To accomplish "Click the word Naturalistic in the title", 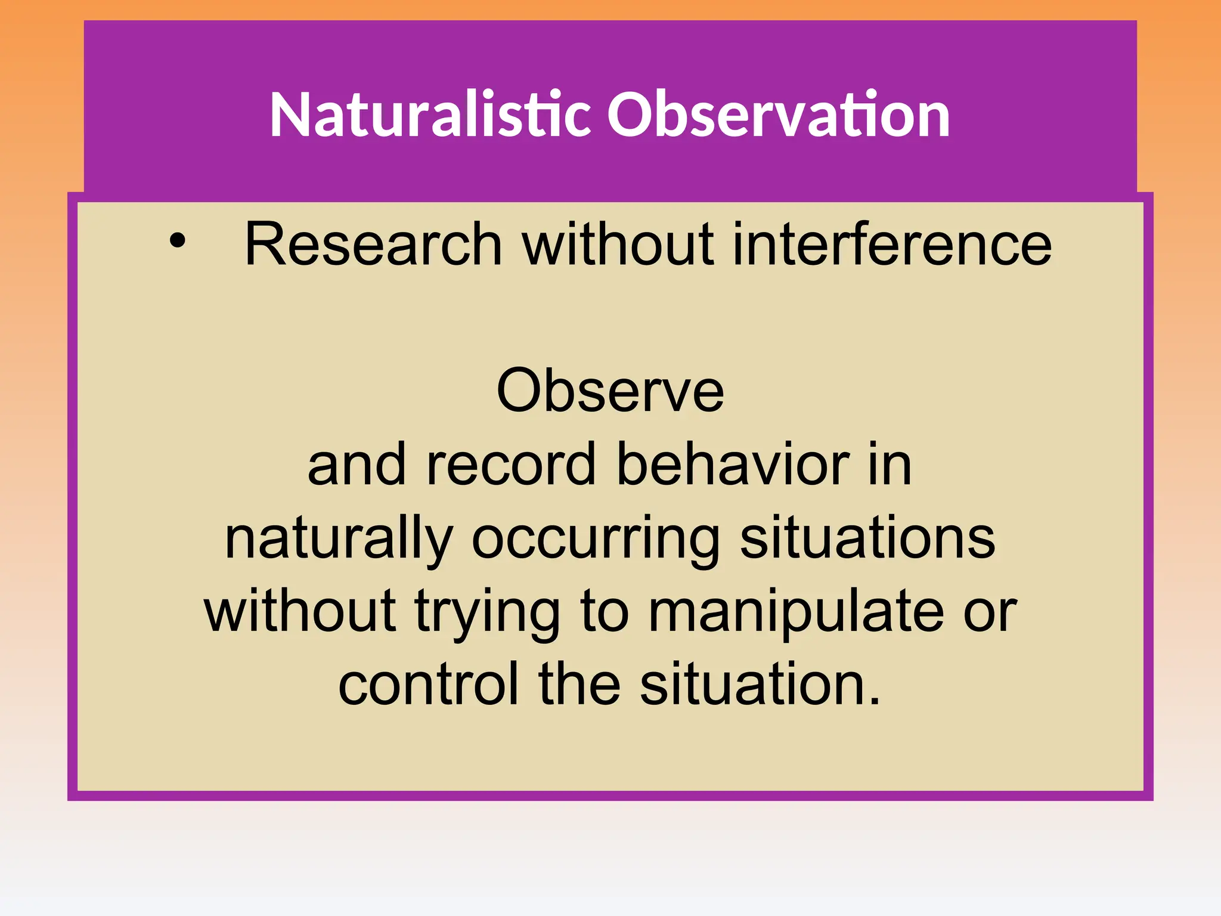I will tap(429, 114).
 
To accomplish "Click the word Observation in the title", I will tap(778, 114).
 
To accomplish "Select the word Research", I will tap(373, 244).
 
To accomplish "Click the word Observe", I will tap(610, 391).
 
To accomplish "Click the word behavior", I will tap(733, 465).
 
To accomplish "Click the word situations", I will tap(867, 537).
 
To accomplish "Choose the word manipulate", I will tap(796, 612).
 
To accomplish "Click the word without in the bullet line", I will tap(618, 244).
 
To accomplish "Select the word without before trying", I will tap(300, 611).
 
